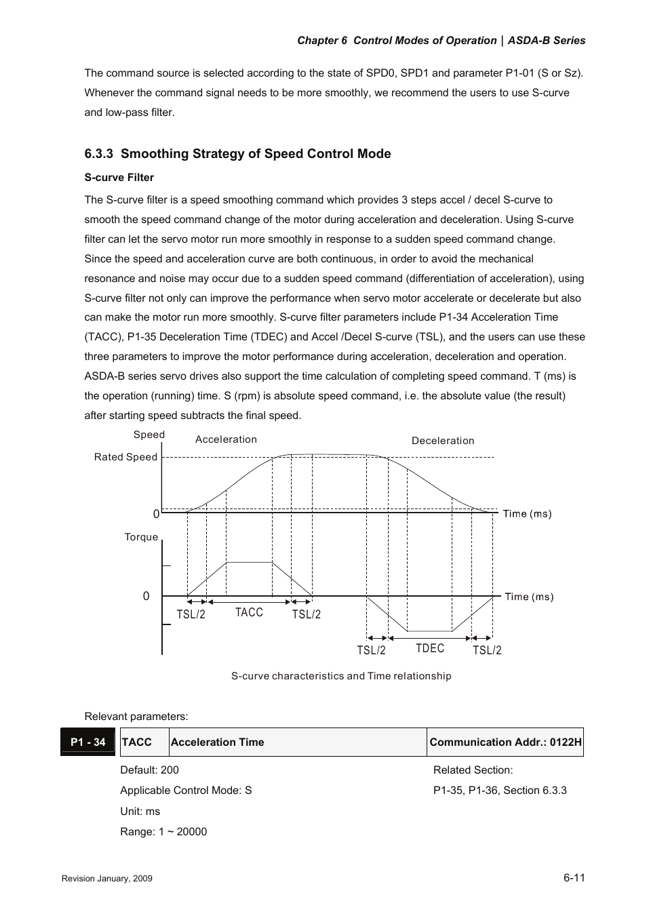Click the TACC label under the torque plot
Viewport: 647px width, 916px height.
pos(249,613)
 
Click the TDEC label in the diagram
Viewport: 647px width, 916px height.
pos(430,649)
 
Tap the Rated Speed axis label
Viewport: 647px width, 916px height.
pos(125,457)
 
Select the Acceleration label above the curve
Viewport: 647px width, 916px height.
pos(226,439)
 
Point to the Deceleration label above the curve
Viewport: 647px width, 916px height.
pos(443,441)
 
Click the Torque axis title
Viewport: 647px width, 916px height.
pos(141,537)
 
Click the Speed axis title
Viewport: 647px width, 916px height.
pos(149,435)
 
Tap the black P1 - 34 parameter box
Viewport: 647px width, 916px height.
pos(88,742)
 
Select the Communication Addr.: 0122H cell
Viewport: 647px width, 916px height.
pos(505,742)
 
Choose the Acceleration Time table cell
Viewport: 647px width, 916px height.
pos(218,742)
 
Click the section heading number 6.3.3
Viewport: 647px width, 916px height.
pos(98,154)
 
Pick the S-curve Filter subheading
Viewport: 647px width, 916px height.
pos(119,178)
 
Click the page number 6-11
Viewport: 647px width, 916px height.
pos(574,877)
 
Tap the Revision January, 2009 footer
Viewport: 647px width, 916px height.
pos(107,879)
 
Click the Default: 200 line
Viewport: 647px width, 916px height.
pos(150,770)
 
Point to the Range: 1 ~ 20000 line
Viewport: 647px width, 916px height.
pos(163,832)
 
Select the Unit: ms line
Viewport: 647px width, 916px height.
pos(140,812)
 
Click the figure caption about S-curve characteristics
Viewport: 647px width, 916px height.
pos(341,676)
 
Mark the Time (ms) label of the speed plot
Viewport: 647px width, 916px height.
pos(527,514)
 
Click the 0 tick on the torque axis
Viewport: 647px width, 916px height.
pos(146,597)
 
